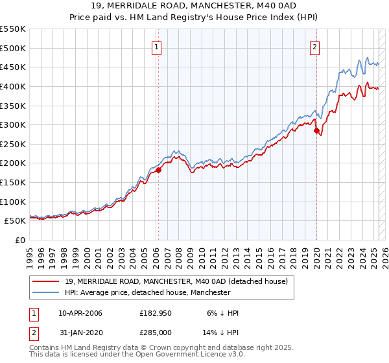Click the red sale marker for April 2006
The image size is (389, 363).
(158, 170)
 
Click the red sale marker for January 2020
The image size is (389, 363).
(317, 131)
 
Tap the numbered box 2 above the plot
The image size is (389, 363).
(314, 47)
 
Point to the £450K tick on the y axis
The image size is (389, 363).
(13, 67)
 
